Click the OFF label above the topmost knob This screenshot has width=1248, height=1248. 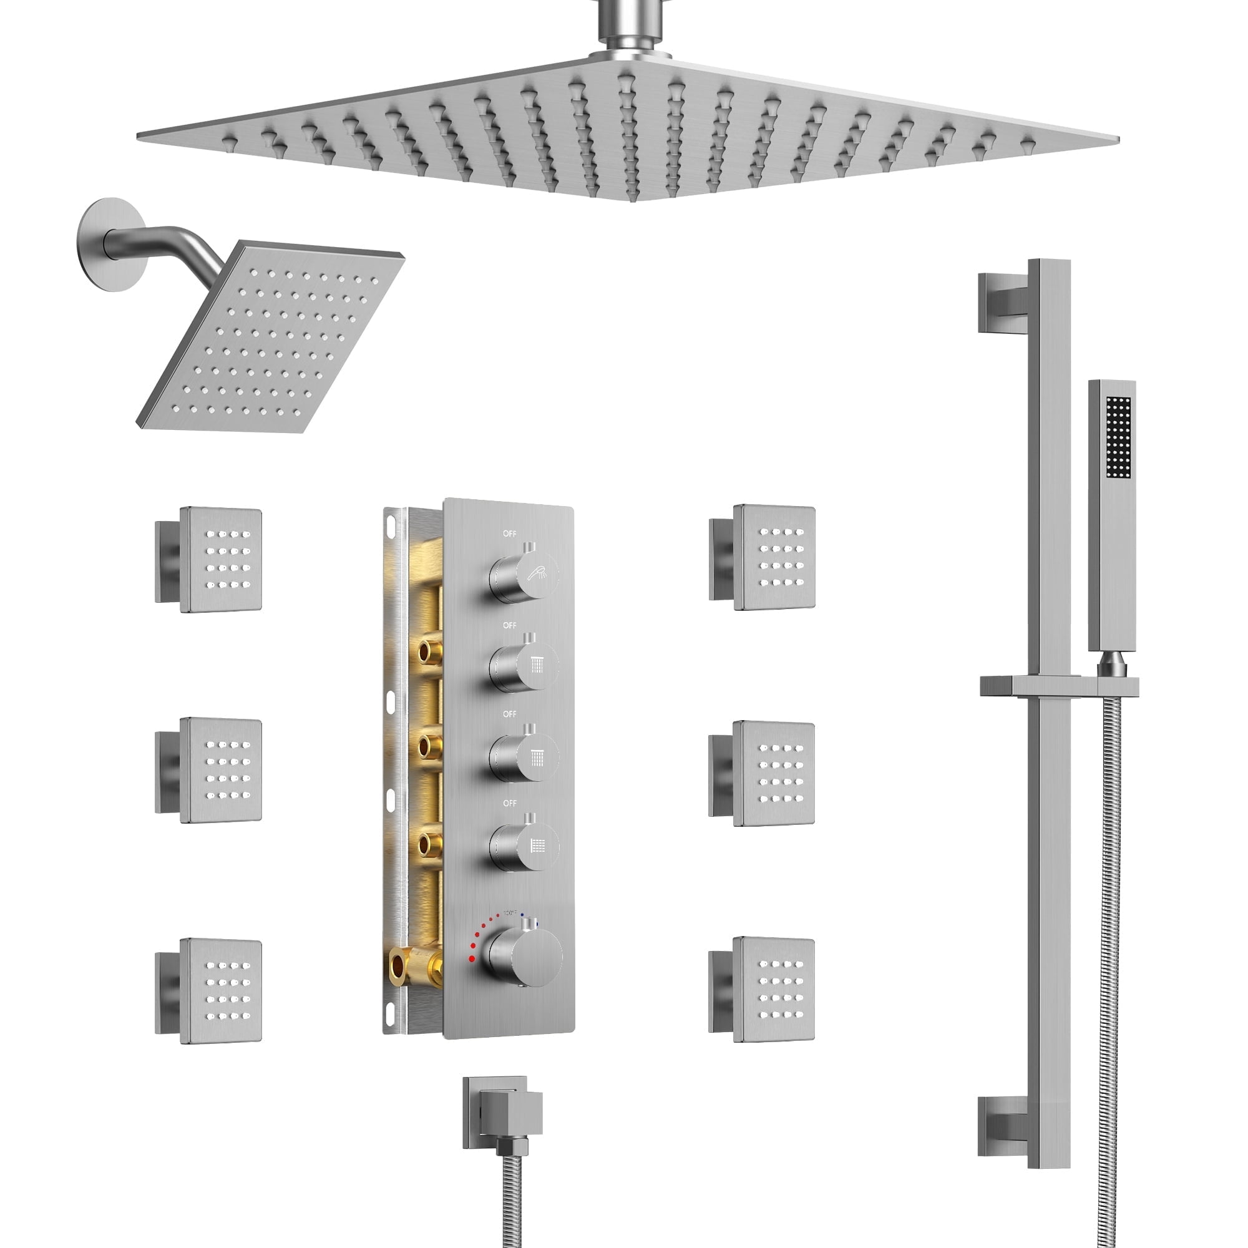(x=509, y=534)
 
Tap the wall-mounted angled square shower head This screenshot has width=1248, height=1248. (x=271, y=336)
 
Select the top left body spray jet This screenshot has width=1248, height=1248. (x=220, y=559)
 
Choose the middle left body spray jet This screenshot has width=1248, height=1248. (x=220, y=771)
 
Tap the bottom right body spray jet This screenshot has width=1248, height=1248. (x=773, y=989)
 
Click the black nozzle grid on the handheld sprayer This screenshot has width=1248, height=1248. (x=1118, y=438)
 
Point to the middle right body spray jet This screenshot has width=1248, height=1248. (x=773, y=774)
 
